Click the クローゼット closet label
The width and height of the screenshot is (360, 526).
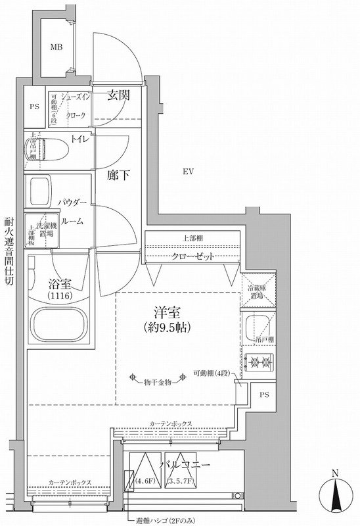pyautogui.click(x=193, y=256)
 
